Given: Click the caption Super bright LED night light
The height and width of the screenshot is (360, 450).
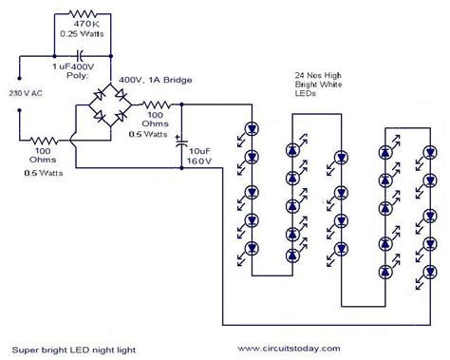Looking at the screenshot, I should coord(74,350).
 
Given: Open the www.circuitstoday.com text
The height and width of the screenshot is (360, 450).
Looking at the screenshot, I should coord(303,350).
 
